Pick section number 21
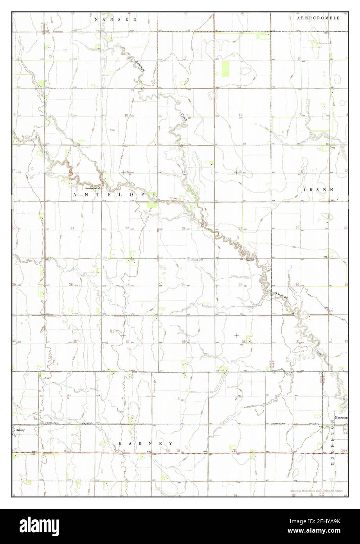(72, 228)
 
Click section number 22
(127, 228)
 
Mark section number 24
(240, 228)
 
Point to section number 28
(71, 285)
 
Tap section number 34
(128, 342)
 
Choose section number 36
(244, 342)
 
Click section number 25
(240, 285)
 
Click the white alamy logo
(43, 526)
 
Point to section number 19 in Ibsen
(297, 228)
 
